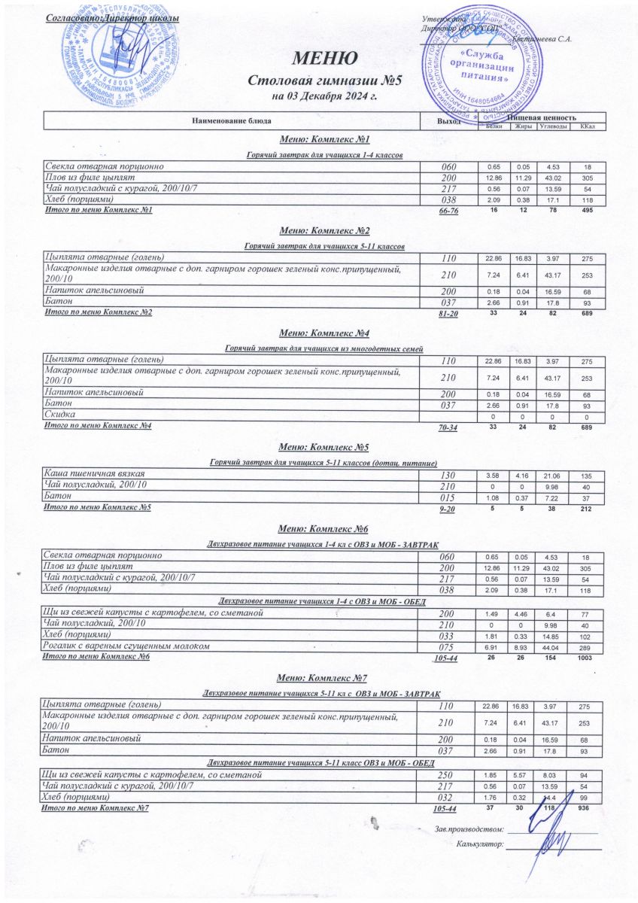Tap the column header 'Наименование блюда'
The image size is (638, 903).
(x=231, y=121)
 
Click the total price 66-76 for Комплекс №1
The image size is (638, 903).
(x=448, y=211)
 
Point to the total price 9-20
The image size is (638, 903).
(x=448, y=509)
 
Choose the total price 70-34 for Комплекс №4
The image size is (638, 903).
(x=448, y=427)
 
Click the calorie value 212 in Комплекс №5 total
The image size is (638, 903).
(x=588, y=508)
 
